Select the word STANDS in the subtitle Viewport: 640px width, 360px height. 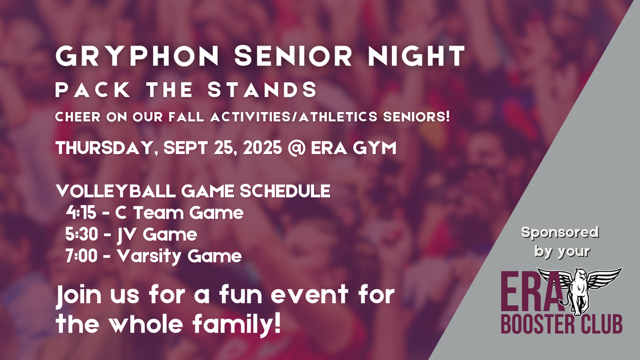tap(270, 90)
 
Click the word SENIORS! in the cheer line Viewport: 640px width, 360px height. tap(415, 118)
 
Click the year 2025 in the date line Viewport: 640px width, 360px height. tap(260, 148)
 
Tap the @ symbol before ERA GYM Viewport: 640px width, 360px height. tap(301, 148)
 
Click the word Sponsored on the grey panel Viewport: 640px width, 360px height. tap(559, 232)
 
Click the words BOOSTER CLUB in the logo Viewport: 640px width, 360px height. tap(563, 325)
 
